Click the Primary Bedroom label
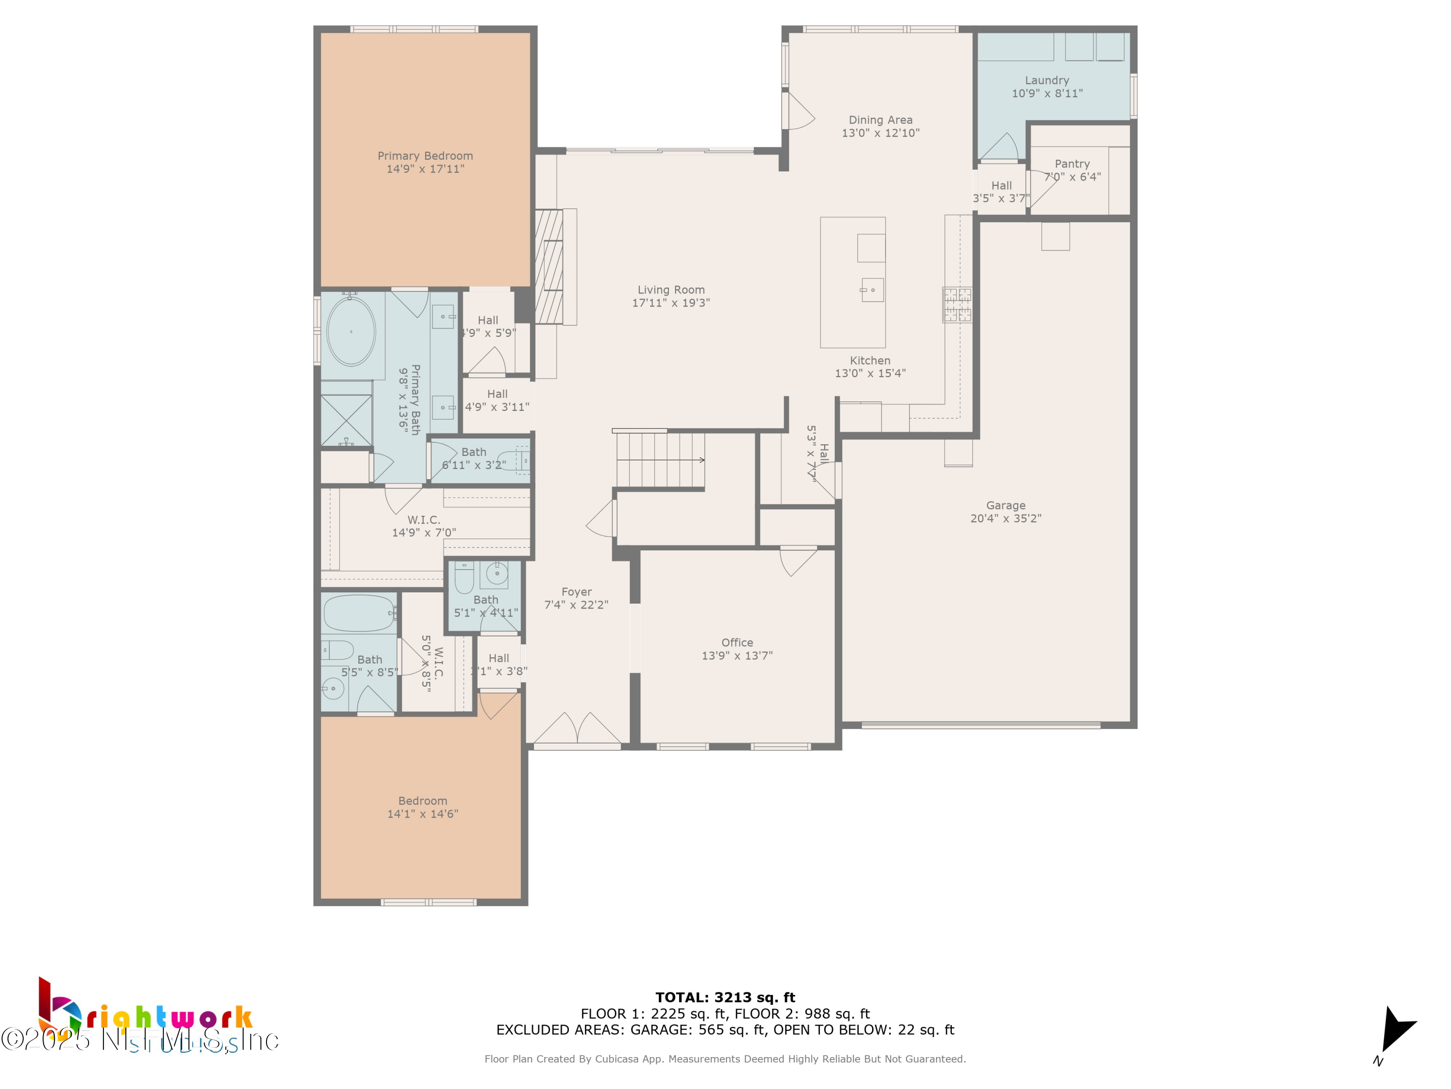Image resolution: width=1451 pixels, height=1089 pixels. click(425, 155)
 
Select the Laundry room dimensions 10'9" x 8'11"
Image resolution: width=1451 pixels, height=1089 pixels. click(1047, 94)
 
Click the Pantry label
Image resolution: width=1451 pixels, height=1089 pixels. click(1072, 164)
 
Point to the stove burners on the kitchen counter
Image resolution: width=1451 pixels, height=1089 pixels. click(957, 304)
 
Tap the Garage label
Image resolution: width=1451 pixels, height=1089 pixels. click(1006, 505)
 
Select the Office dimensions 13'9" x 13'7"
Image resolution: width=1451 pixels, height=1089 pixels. click(737, 656)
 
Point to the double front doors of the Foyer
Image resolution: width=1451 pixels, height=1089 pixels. click(577, 730)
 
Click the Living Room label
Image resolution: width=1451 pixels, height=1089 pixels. click(671, 289)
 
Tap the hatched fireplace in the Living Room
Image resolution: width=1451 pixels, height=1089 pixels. click(549, 266)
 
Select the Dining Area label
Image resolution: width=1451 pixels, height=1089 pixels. click(880, 120)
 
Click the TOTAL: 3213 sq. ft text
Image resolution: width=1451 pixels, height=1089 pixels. click(725, 998)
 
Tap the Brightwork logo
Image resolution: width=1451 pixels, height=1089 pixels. click(144, 1017)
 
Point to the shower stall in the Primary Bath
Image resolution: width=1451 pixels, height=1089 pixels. click(346, 419)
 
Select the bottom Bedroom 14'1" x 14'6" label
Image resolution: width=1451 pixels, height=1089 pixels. click(422, 807)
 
